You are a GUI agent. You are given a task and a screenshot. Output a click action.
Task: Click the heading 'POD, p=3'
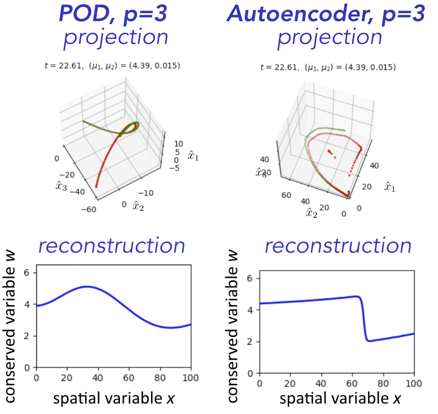pyautogui.click(x=113, y=14)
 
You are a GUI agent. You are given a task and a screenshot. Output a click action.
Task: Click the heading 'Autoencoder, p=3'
pyautogui.click(x=326, y=14)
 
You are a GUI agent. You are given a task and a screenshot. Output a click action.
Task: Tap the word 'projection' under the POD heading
pyautogui.click(x=116, y=38)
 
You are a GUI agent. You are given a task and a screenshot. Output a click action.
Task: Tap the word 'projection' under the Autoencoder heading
pyautogui.click(x=330, y=38)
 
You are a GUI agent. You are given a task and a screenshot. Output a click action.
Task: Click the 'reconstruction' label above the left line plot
pyautogui.click(x=112, y=246)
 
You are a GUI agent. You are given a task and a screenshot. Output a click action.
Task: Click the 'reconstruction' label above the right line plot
pyautogui.click(x=338, y=246)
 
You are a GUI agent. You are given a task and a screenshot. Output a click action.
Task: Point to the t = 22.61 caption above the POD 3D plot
pyautogui.click(x=112, y=66)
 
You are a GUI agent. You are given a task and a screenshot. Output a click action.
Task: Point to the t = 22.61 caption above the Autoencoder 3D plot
pyautogui.click(x=328, y=67)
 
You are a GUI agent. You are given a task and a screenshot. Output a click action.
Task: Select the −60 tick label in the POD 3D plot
pyautogui.click(x=88, y=209)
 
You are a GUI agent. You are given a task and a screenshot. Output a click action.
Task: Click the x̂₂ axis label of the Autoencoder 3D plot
pyautogui.click(x=311, y=213)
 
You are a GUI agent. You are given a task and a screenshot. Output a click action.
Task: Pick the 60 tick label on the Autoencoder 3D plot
pyautogui.click(x=286, y=195)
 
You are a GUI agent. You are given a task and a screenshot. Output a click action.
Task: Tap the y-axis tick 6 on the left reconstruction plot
pyautogui.click(x=26, y=273)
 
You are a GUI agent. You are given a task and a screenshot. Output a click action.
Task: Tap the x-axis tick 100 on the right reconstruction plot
pyautogui.click(x=414, y=384)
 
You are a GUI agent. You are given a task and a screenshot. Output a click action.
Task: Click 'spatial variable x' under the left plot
pyautogui.click(x=114, y=399)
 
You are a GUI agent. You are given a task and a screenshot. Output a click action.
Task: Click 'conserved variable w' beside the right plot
pyautogui.click(x=233, y=325)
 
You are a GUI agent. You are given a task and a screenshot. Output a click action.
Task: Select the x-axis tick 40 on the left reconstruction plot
pyautogui.click(x=98, y=378)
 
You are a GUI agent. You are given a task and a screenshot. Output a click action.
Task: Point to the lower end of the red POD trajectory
pyautogui.click(x=96, y=186)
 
